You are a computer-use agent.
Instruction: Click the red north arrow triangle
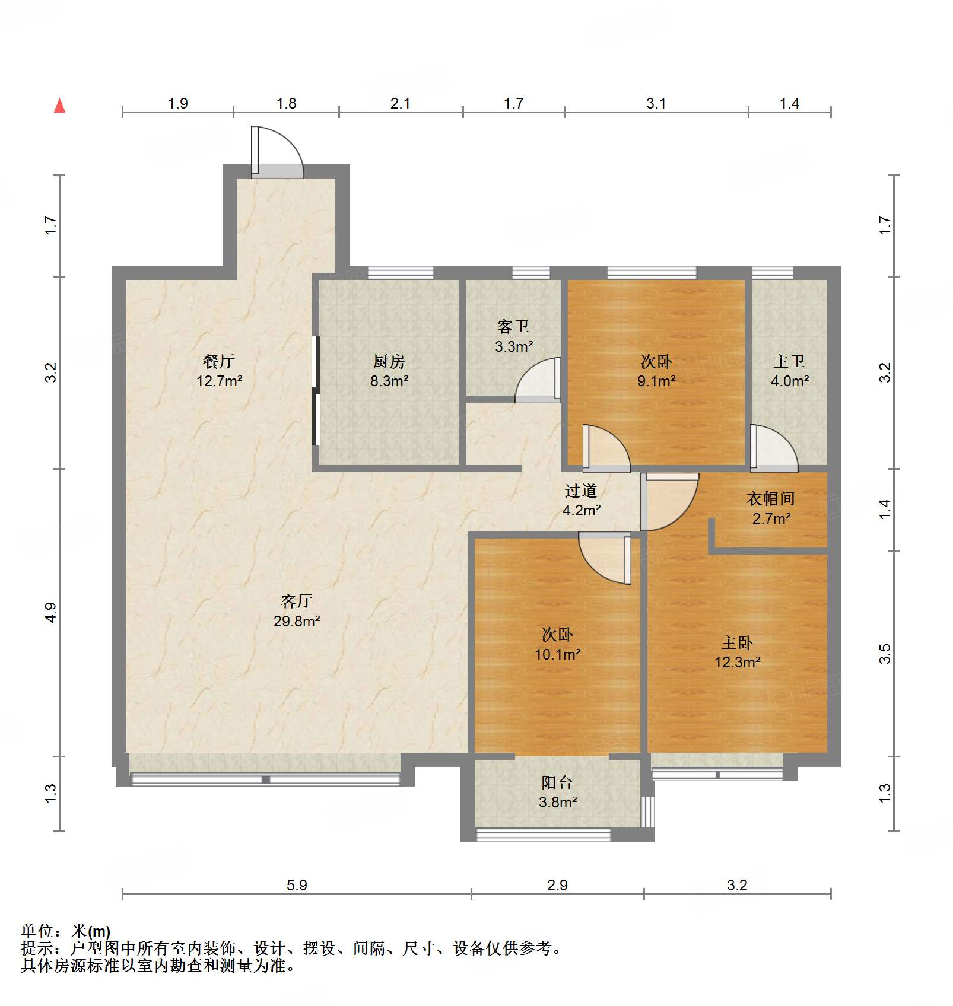pyautogui.click(x=59, y=106)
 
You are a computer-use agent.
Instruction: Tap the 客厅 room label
pyautogui.click(x=296, y=601)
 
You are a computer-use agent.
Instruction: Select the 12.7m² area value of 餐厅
pyautogui.click(x=219, y=381)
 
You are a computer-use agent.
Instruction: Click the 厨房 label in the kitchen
pyautogui.click(x=389, y=361)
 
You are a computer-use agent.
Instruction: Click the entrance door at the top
pyautogui.click(x=277, y=153)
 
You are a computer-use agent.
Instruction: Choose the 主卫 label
pyautogui.click(x=789, y=361)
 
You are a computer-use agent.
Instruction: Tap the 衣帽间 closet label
pyautogui.click(x=770, y=498)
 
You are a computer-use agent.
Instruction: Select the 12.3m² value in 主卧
pyautogui.click(x=737, y=662)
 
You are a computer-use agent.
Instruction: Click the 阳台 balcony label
pyautogui.click(x=557, y=783)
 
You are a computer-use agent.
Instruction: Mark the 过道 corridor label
pyautogui.click(x=581, y=491)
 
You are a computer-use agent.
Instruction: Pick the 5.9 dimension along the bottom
pyautogui.click(x=297, y=885)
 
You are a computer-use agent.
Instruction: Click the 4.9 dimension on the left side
pyautogui.click(x=51, y=612)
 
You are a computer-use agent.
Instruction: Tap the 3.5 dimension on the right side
pyautogui.click(x=884, y=654)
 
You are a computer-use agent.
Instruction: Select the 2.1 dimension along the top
pyautogui.click(x=400, y=103)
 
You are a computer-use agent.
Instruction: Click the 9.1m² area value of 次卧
pyautogui.click(x=656, y=381)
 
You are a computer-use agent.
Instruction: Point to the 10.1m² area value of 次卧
pyautogui.click(x=557, y=654)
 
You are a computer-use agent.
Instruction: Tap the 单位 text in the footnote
pyautogui.click(x=37, y=931)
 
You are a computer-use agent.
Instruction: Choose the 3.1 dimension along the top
pyautogui.click(x=656, y=103)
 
